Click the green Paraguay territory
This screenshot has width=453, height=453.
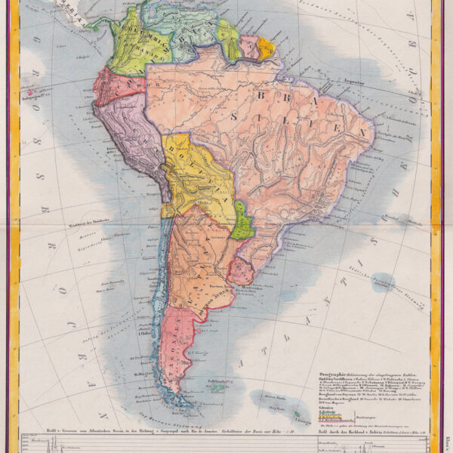pos(242,220)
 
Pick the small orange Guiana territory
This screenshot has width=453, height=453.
pos(267,48)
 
